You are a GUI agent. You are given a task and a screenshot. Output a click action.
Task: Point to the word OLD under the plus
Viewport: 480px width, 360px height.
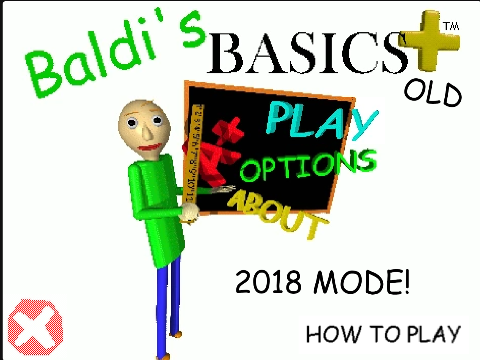[x=433, y=94]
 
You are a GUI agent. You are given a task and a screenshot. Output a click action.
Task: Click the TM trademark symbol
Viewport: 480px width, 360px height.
[x=451, y=26]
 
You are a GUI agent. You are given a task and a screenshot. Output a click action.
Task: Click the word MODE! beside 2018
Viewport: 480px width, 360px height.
[x=361, y=282]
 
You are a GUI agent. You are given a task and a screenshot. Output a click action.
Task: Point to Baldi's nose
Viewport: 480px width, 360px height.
[x=148, y=133]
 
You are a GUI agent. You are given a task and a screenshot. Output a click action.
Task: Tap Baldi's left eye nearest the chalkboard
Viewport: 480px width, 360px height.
[x=157, y=120]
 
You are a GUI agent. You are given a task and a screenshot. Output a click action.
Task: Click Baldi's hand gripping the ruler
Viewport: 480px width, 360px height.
[x=189, y=213]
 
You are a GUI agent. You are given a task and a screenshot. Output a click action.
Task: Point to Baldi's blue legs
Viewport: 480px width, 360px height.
[x=168, y=306]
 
